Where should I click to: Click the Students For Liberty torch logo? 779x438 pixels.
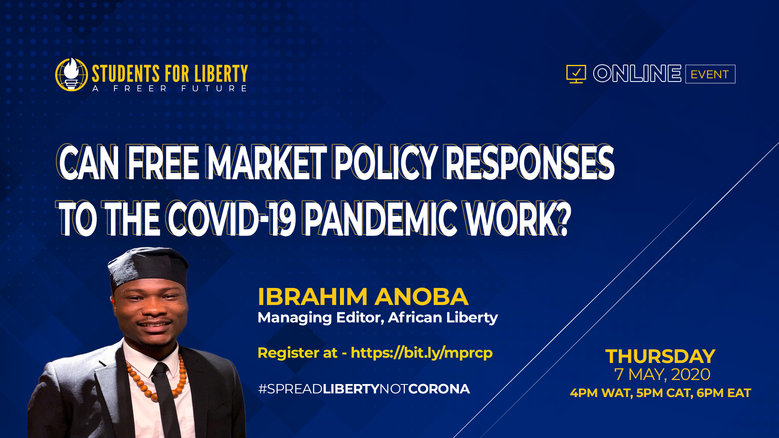(71, 75)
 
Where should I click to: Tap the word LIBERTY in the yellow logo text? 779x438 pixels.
(221, 74)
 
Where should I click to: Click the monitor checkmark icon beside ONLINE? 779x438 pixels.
(576, 74)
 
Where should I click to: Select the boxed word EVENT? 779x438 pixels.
(710, 74)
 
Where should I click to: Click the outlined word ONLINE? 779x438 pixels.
(637, 73)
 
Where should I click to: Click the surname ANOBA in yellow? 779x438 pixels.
(422, 296)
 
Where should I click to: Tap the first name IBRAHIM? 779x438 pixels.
(312, 296)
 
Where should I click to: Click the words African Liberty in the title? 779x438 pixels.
(443, 317)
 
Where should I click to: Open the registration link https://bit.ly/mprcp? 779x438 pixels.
(422, 353)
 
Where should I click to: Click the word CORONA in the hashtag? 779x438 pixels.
(439, 389)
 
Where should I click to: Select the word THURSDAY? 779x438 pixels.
(661, 356)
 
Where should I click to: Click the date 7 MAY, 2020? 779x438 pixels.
(662, 374)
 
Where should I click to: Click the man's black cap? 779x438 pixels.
(148, 268)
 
